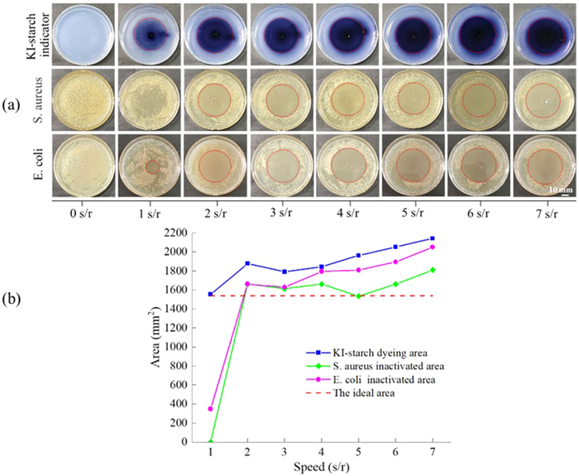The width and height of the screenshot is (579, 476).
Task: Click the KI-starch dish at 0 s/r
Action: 83,34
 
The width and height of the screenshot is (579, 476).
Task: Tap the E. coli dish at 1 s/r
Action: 150,166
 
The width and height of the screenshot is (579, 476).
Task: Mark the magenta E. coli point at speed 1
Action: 211,408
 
